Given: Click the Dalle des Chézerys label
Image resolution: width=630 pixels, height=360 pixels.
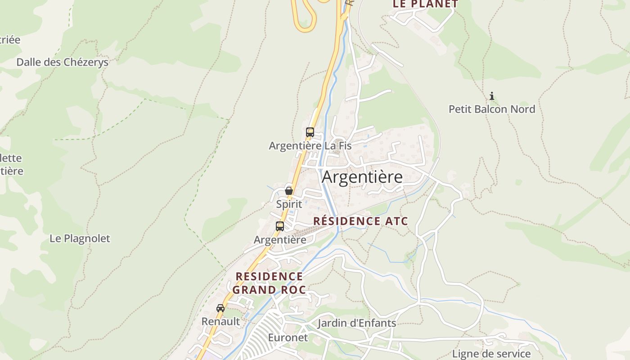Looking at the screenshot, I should point(63,62).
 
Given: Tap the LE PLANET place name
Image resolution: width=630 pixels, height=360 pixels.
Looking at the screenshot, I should point(425,4).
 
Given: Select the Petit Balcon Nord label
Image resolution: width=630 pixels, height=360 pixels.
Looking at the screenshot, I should point(492,109).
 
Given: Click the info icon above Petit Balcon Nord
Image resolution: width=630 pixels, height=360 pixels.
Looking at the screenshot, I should point(492,96).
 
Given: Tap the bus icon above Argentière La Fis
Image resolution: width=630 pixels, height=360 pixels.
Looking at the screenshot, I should point(310,132).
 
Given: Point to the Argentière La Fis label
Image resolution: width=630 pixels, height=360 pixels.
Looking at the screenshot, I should point(310,146).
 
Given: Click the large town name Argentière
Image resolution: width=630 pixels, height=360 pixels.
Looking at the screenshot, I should point(362,177).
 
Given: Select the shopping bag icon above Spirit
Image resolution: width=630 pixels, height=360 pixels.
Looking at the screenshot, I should point(289,191).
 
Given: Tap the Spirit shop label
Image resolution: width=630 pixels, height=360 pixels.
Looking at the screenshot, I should point(289,204).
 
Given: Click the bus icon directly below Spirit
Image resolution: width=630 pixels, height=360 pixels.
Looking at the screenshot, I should point(280,226).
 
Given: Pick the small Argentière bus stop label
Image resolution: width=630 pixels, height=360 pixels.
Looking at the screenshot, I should point(280,240).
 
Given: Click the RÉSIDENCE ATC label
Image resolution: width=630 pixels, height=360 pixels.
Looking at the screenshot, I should point(360,221).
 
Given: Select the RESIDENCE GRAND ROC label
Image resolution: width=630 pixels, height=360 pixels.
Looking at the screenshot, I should point(269,283).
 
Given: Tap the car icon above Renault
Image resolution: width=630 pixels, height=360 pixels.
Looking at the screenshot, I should point(220,308).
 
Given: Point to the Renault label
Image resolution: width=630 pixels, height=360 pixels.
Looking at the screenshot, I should point(220,321).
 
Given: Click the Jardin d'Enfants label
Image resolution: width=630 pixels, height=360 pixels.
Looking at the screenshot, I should point(357,323).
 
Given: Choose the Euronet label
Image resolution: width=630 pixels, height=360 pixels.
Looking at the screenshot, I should point(288,337).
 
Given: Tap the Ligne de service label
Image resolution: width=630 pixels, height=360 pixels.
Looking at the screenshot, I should point(491,354).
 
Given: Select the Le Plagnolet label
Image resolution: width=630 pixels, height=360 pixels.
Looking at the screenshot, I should point(80,238).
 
